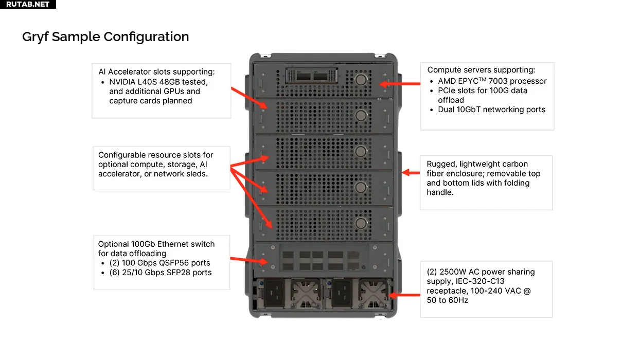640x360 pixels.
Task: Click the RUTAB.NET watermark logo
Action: point(28,4)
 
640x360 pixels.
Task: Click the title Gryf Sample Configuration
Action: point(105,37)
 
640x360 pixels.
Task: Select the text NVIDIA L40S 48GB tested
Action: point(158,82)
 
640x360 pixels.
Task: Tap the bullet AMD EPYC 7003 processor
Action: point(492,81)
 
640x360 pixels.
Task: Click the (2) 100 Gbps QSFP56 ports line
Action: point(160,263)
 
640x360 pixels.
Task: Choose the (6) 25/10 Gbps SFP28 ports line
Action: point(160,273)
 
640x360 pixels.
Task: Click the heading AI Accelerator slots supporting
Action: point(156,72)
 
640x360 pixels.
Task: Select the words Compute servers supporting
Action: point(481,70)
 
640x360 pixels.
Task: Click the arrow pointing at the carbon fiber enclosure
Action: point(411,173)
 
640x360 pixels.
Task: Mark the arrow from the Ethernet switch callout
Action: point(248,260)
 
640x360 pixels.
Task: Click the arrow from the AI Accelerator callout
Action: point(248,98)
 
